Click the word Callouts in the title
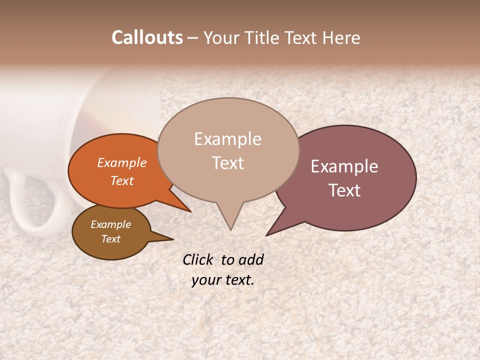(x=147, y=37)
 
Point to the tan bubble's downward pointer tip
(x=230, y=230)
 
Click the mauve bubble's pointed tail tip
(x=266, y=235)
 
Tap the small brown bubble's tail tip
(x=173, y=239)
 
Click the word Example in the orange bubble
(x=121, y=162)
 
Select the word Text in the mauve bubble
(x=344, y=190)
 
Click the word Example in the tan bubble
(x=227, y=138)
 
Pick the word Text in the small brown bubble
(x=110, y=239)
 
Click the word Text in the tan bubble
(x=228, y=162)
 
